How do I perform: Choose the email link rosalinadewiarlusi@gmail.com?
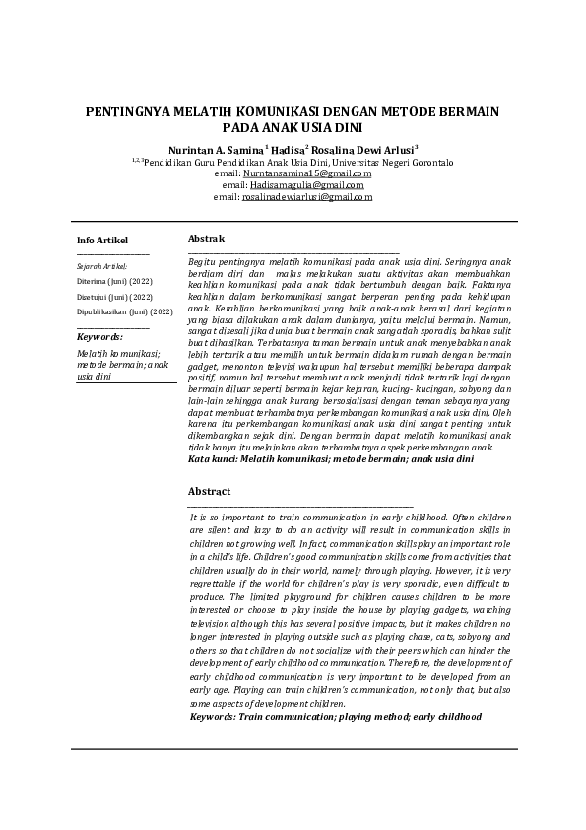click(306, 197)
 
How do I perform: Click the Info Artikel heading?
click(102, 240)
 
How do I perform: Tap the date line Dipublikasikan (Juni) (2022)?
click(125, 311)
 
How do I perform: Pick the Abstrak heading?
click(207, 239)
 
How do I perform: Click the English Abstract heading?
click(209, 491)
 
